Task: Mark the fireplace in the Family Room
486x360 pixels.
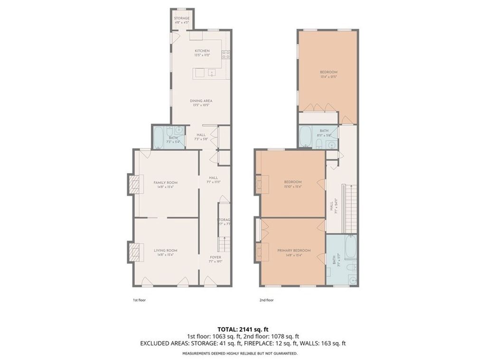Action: click(x=135, y=184)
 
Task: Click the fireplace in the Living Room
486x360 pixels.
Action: click(x=135, y=252)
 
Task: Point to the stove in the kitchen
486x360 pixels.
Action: click(x=226, y=54)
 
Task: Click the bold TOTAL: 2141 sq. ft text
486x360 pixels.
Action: click(x=243, y=329)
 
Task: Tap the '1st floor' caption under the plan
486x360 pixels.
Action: click(x=139, y=300)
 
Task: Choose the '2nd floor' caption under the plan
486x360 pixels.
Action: click(x=267, y=300)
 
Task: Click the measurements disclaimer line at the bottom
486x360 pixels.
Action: click(x=240, y=353)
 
